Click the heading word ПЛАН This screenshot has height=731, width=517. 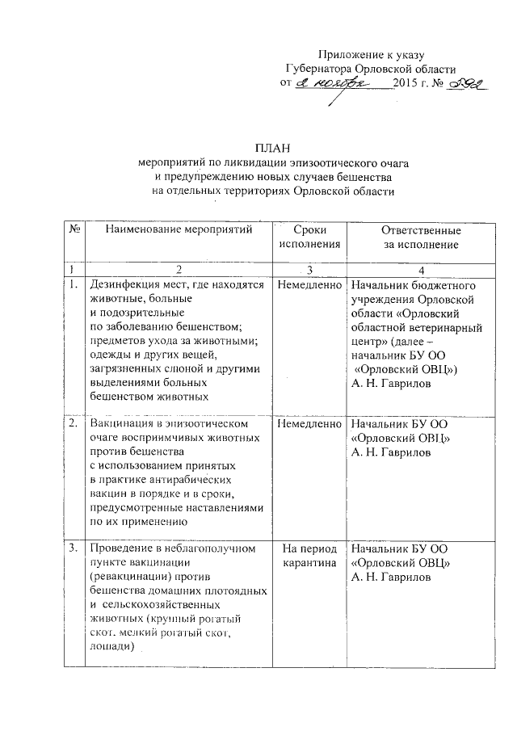coord(272,147)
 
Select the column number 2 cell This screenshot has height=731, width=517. coord(179,268)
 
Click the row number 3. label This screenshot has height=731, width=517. coord(74,548)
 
